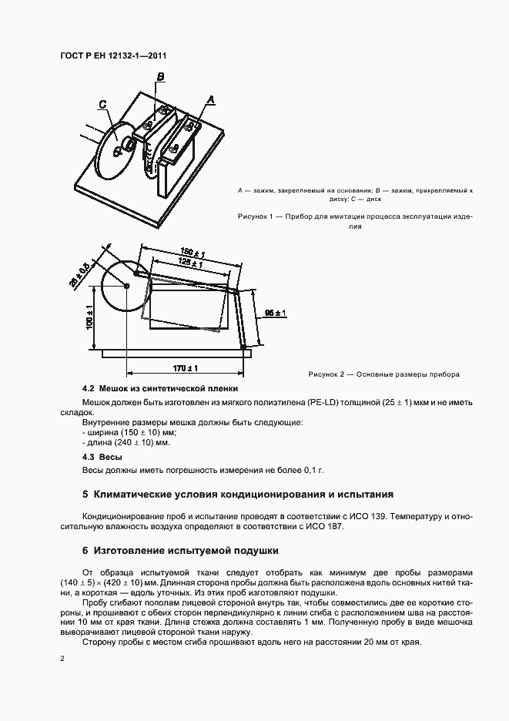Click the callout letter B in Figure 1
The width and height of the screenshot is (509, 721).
[x=160, y=76]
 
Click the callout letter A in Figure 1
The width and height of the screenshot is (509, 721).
[x=210, y=99]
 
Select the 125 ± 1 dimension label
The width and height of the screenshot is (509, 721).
[x=189, y=263]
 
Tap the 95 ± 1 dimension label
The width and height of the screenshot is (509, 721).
[x=275, y=313]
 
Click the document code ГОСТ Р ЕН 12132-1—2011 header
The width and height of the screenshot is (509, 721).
[x=113, y=55]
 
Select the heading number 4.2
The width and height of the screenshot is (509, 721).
[x=88, y=389]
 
